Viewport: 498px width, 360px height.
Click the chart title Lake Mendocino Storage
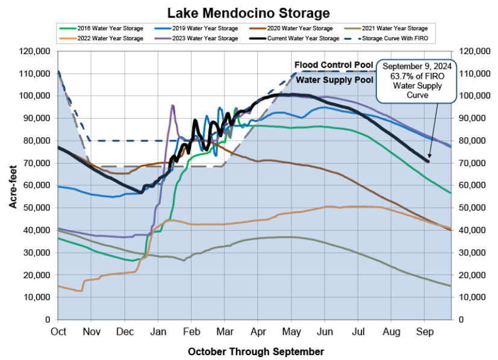(249, 13)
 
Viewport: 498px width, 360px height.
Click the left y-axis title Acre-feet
(13, 188)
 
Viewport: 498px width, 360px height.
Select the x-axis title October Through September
(255, 351)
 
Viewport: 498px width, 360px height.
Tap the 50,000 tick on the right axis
(474, 208)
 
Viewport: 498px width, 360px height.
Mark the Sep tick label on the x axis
(425, 331)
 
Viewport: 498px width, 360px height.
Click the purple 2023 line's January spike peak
(173, 106)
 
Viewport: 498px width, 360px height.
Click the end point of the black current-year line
(428, 161)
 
